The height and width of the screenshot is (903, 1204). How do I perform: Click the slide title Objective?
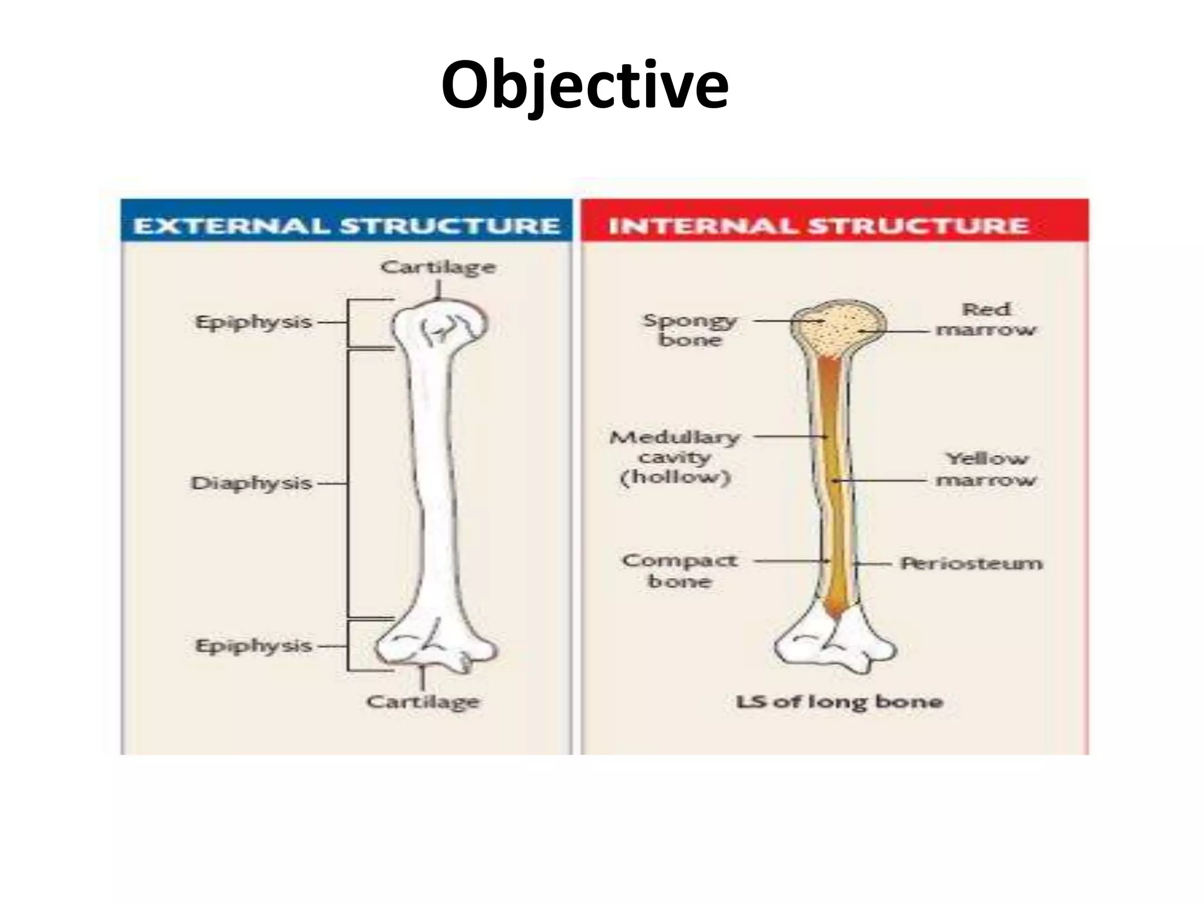[x=585, y=85]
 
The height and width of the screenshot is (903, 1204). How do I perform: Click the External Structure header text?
[x=347, y=226]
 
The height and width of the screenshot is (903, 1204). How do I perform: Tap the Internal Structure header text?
[x=818, y=226]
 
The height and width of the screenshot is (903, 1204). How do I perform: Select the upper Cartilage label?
[x=438, y=267]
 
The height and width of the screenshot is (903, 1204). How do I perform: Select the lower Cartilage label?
[x=423, y=701]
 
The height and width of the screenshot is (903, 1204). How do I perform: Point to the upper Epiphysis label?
[x=253, y=322]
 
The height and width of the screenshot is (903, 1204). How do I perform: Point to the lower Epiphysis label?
[x=253, y=646]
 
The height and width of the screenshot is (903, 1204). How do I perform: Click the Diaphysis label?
[x=252, y=483]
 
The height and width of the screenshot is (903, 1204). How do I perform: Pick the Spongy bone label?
[x=690, y=330]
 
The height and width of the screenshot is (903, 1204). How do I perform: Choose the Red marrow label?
[x=986, y=319]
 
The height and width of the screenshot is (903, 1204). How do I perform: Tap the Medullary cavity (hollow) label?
[x=675, y=457]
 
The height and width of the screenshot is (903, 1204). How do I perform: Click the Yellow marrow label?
[x=986, y=469]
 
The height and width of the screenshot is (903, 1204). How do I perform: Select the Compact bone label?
[x=680, y=570]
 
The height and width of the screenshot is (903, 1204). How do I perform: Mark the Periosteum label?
[x=972, y=563]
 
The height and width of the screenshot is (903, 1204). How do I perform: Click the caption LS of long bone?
[x=840, y=701]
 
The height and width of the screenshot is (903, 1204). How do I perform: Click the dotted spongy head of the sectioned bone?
[x=838, y=329]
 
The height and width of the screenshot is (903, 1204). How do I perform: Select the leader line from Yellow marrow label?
[x=882, y=480]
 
